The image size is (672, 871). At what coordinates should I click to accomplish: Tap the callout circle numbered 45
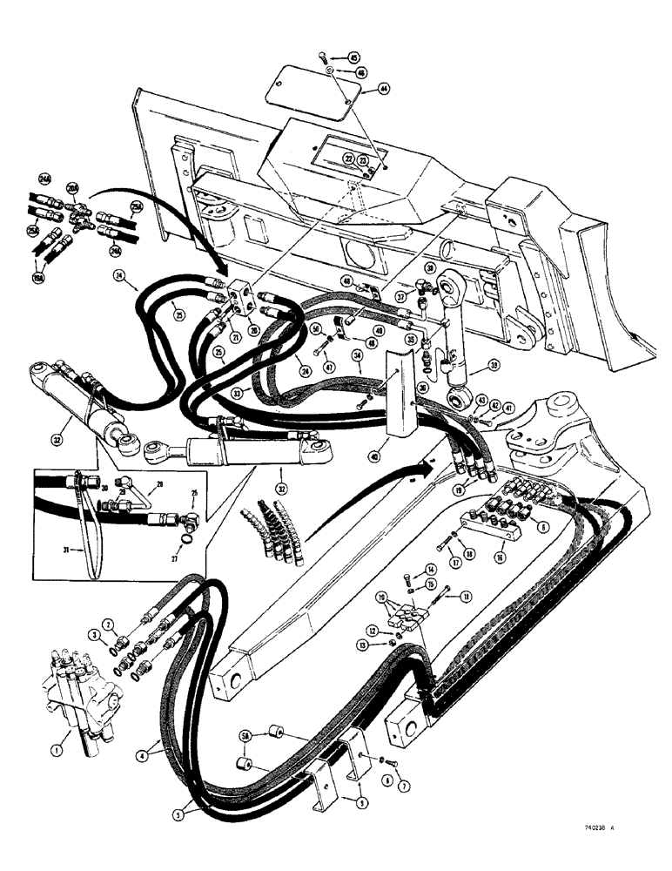click(354, 58)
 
